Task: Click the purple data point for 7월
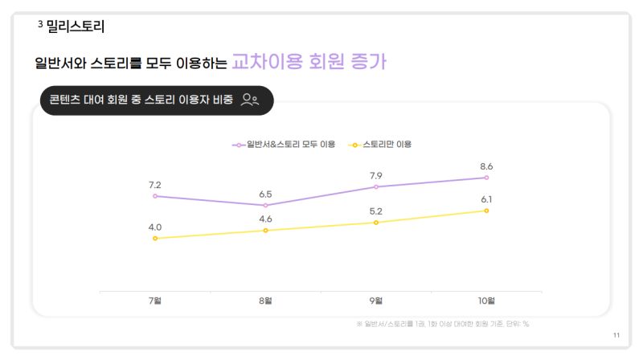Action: [155, 196]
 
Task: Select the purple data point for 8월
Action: [265, 206]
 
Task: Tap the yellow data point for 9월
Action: [376, 222]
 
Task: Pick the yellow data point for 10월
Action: [486, 211]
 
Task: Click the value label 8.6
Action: [486, 166]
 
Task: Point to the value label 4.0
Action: [155, 227]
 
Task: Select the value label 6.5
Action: [265, 194]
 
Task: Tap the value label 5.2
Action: [376, 211]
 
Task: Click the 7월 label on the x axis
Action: [155, 301]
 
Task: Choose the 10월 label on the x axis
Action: [486, 301]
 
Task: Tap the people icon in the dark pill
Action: [250, 100]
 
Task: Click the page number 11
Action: [616, 334]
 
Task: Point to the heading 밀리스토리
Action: [76, 27]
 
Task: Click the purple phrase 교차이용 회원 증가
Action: [313, 62]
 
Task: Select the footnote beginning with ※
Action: [442, 324]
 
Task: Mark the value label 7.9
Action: [376, 176]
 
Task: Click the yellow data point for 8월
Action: [265, 231]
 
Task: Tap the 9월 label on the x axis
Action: [376, 301]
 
